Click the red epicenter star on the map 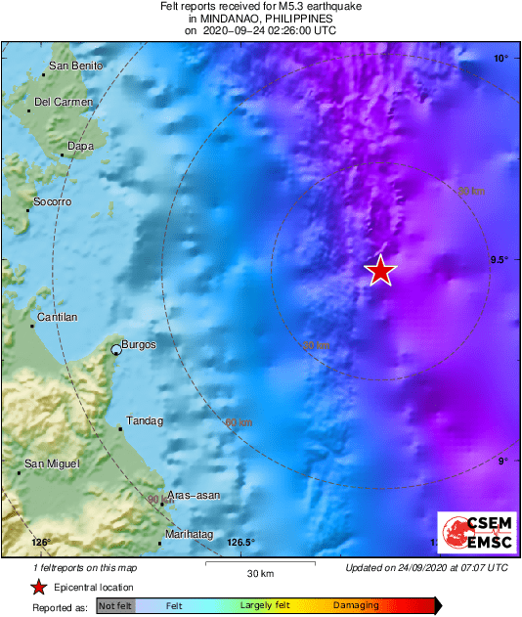point(380,271)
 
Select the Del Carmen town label point(64,102)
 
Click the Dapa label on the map point(79,147)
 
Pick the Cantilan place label point(57,318)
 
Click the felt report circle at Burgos point(116,349)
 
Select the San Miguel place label point(52,463)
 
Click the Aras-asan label point(194,496)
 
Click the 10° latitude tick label point(500,59)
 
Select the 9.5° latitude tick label point(499,260)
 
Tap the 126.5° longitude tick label point(240,543)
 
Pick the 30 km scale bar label point(259,573)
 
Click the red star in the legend point(38,588)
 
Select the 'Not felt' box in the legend point(115,606)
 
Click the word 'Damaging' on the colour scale point(355,606)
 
